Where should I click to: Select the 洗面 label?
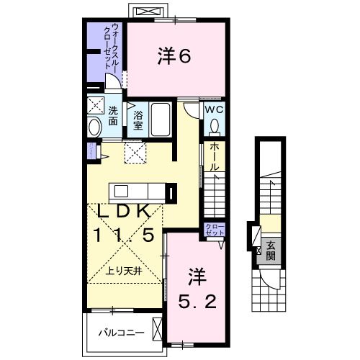tap(113, 116)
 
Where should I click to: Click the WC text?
tap(214, 110)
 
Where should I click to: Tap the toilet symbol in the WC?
tap(214, 127)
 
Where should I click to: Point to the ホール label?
tap(215, 156)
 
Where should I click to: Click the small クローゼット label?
tap(215, 231)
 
